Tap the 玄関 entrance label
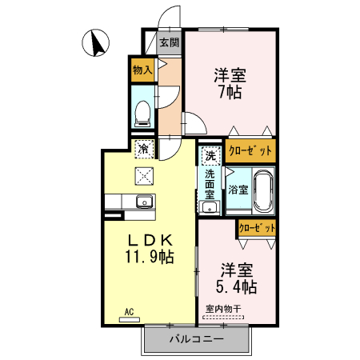click(x=168, y=42)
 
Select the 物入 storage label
click(x=142, y=70)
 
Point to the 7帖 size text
click(x=230, y=92)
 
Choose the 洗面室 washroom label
click(x=209, y=183)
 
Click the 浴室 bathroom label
click(x=238, y=190)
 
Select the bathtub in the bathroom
click(x=263, y=191)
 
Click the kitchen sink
click(x=145, y=201)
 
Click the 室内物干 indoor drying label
click(x=223, y=308)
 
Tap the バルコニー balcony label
click(x=195, y=338)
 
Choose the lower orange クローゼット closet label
click(x=258, y=228)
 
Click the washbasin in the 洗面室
click(x=210, y=209)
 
